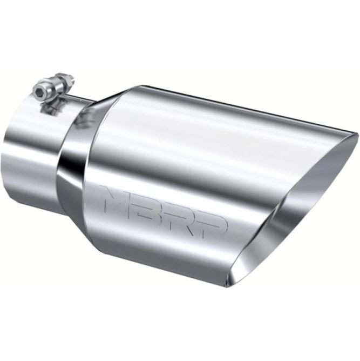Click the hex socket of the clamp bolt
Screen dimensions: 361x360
pyautogui.click(x=39, y=87)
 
